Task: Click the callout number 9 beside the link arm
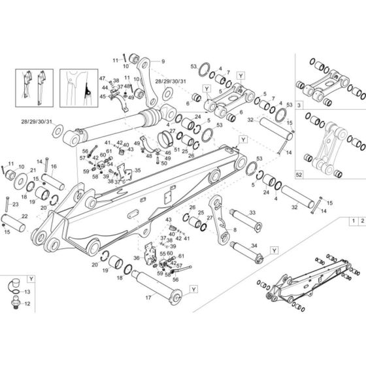coord(163,61)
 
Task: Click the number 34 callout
coord(254,245)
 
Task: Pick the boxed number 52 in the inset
coord(300,176)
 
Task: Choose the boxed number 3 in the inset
coord(300,105)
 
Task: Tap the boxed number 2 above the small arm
coord(361,223)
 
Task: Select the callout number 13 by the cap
coord(27,291)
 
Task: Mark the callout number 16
coord(54,167)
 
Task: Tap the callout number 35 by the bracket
coord(137,170)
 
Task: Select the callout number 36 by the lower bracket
coord(136,240)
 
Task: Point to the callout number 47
coord(102,78)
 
